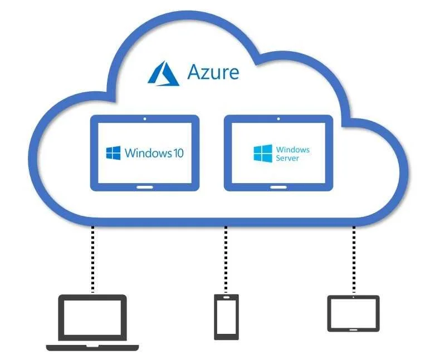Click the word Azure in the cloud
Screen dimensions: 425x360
[x=213, y=72]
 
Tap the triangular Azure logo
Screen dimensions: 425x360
[x=163, y=74]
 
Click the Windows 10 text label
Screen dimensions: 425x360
[x=154, y=152]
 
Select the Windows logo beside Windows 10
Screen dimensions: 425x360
[x=114, y=153]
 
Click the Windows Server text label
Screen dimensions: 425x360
[x=292, y=154]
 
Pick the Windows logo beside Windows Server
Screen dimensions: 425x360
[x=263, y=154]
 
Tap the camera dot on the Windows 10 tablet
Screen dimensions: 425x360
[x=144, y=119]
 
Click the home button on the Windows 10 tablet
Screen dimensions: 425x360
[x=144, y=186]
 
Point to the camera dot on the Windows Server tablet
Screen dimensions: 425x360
[x=278, y=119]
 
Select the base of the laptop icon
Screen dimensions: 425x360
[x=92, y=348]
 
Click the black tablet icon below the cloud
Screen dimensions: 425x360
[x=353, y=313]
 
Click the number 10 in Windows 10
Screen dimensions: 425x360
[x=177, y=152]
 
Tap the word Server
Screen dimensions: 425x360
[x=287, y=159]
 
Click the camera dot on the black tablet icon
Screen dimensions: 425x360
[x=353, y=297]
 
